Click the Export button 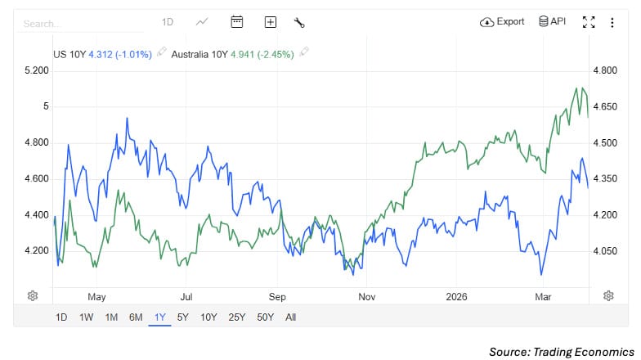[503, 22]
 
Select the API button [552, 22]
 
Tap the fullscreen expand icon [588, 22]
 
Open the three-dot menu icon [612, 22]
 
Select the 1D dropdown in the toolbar [168, 22]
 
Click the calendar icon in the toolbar [237, 22]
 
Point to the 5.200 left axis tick [38, 71]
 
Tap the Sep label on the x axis [277, 297]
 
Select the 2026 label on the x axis [456, 297]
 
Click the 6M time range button [136, 317]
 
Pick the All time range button [290, 317]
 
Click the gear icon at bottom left [34, 295]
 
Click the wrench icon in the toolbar [299, 22]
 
